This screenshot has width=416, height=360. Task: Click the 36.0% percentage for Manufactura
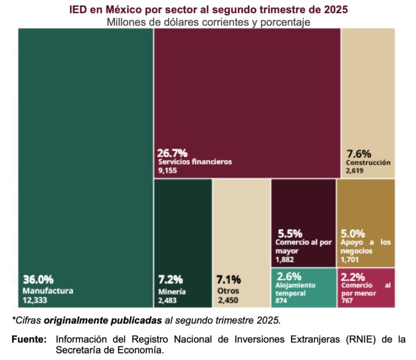(x=38, y=280)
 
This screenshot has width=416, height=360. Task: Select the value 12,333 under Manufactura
(x=35, y=301)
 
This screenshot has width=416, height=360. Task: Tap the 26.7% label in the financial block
(x=172, y=153)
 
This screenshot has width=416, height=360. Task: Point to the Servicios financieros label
(x=195, y=162)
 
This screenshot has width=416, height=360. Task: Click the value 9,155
(x=168, y=171)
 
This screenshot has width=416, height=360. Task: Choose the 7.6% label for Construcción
(x=359, y=154)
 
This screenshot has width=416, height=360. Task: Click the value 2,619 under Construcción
(x=355, y=171)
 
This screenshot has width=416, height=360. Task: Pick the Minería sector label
(x=172, y=291)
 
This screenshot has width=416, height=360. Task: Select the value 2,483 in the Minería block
(x=168, y=301)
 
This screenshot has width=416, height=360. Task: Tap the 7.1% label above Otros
(x=228, y=280)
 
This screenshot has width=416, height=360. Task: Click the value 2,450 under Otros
(x=228, y=301)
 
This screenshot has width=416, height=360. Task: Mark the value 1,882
(x=284, y=260)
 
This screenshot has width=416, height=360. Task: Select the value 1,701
(x=350, y=260)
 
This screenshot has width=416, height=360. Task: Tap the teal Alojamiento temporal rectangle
(x=303, y=288)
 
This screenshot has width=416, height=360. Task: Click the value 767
(x=347, y=301)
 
